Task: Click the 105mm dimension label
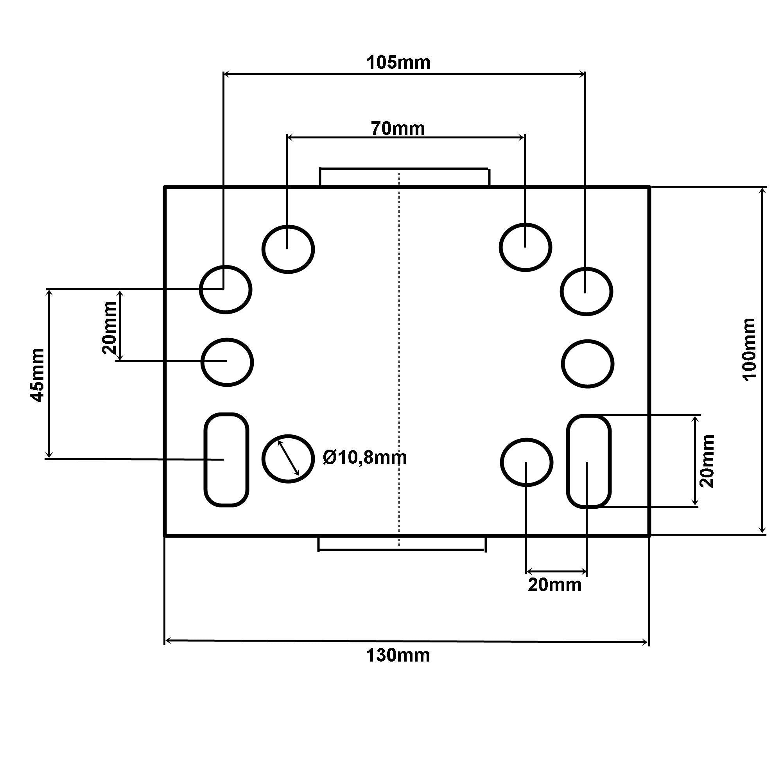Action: point(398,63)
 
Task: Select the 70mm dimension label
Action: point(398,129)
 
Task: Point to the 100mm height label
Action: point(749,349)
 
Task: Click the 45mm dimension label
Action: point(38,375)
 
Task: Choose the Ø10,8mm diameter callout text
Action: point(365,458)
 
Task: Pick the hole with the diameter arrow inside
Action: point(288,458)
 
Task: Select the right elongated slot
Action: point(588,461)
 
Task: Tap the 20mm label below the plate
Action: point(554,585)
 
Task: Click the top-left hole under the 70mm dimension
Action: point(288,249)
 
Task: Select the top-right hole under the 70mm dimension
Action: point(526,247)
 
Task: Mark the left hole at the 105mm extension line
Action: point(226,289)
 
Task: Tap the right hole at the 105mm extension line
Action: point(586,291)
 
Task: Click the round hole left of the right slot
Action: point(527,462)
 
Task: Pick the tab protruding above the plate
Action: point(404,177)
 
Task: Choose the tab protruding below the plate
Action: point(402,543)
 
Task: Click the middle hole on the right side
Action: point(588,364)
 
